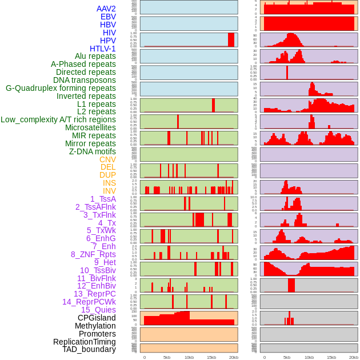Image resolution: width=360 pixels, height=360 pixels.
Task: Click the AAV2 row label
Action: pyautogui.click(x=106, y=9)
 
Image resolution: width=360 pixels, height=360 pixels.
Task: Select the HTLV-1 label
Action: pyautogui.click(x=102, y=49)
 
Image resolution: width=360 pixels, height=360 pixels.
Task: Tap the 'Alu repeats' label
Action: pyautogui.click(x=95, y=56)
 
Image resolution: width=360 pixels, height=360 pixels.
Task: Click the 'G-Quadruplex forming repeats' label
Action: pyautogui.click(x=61, y=88)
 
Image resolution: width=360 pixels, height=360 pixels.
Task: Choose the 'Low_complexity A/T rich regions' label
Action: pyautogui.click(x=58, y=119)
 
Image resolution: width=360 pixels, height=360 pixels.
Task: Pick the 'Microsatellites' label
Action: pyautogui.click(x=90, y=127)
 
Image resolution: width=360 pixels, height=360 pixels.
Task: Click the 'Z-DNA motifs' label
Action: pyautogui.click(x=92, y=151)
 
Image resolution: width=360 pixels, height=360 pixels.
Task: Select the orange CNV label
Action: pyautogui.click(x=107, y=159)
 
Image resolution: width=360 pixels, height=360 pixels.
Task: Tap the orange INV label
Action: pyautogui.click(x=109, y=191)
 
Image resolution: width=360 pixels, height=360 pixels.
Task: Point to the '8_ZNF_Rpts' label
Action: pyautogui.click(x=93, y=254)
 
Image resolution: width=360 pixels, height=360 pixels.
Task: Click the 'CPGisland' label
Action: pyautogui.click(x=97, y=318)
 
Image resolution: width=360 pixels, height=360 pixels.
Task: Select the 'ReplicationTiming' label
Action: pyautogui.click(x=84, y=342)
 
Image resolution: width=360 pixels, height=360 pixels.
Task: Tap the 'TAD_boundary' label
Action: pyautogui.click(x=89, y=349)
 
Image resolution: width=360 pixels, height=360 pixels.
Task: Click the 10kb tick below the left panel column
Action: pyautogui.click(x=189, y=357)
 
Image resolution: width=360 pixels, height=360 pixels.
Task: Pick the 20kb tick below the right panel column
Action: pyautogui.click(x=354, y=357)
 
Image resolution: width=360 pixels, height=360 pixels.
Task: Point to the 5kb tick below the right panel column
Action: pyautogui.click(x=286, y=357)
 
